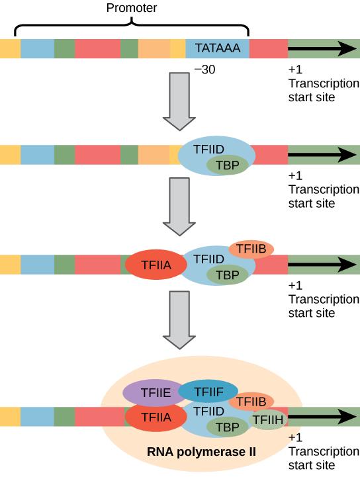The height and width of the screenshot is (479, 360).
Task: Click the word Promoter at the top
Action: point(132,7)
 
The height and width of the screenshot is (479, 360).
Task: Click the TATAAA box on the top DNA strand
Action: point(217,49)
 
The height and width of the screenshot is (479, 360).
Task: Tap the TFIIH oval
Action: point(269,419)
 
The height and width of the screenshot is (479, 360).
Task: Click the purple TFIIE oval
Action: point(150,393)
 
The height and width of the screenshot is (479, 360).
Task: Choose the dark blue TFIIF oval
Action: point(204,392)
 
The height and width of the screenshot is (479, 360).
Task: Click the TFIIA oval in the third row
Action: point(154,265)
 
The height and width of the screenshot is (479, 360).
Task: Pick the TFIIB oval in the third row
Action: point(251,249)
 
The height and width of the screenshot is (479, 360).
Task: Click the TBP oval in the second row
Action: point(226,165)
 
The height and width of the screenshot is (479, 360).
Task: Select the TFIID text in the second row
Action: point(208,150)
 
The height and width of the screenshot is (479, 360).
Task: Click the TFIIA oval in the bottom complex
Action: point(154,417)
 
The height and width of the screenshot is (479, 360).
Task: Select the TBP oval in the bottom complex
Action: point(226,427)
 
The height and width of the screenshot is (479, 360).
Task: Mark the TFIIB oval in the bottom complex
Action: point(251,401)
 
